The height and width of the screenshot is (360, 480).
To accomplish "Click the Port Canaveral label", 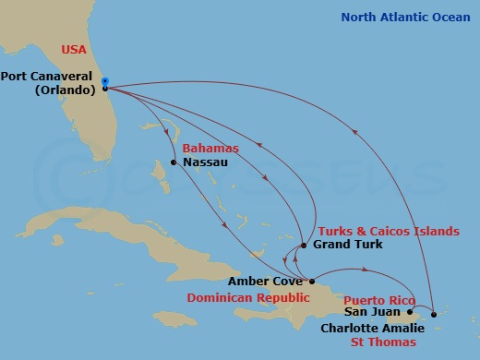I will (50, 77).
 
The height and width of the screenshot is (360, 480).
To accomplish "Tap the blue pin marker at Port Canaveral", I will (105, 81).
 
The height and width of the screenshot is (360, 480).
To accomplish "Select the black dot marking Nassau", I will (174, 163).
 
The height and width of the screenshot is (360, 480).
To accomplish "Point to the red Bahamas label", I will (210, 148).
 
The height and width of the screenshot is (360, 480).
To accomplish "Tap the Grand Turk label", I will (347, 246).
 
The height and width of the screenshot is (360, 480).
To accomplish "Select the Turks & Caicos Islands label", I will (388, 231).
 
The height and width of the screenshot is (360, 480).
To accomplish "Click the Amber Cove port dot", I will (312, 282).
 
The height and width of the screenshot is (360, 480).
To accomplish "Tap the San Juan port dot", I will (410, 312).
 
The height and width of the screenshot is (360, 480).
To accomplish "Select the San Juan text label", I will (374, 313).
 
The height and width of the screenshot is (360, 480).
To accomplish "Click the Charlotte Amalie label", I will (372, 328).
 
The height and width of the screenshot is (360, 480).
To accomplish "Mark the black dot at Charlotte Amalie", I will (434, 314).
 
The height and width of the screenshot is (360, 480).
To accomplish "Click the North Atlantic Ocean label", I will (405, 17).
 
